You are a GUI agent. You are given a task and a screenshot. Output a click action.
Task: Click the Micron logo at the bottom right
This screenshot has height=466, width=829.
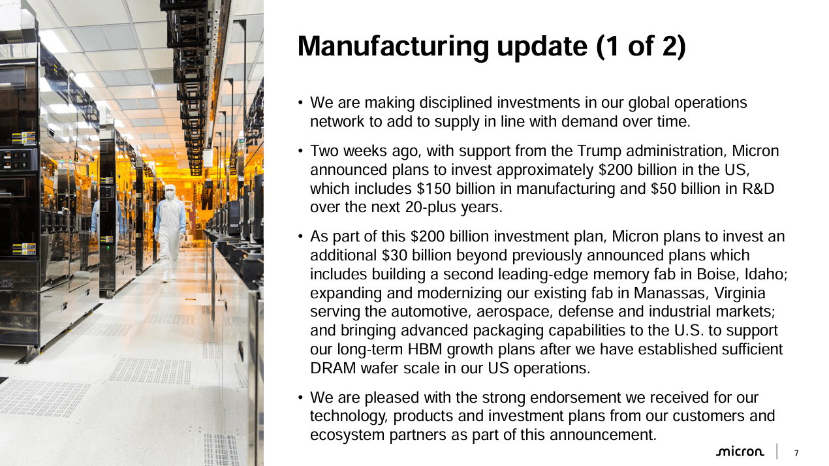(x=740, y=452)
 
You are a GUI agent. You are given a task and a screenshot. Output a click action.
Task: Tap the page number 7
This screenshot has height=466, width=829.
(x=796, y=453)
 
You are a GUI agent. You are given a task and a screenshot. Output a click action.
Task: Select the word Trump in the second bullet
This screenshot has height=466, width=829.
(x=599, y=151)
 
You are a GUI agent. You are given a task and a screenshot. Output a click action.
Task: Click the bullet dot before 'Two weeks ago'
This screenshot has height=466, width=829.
(x=300, y=151)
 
